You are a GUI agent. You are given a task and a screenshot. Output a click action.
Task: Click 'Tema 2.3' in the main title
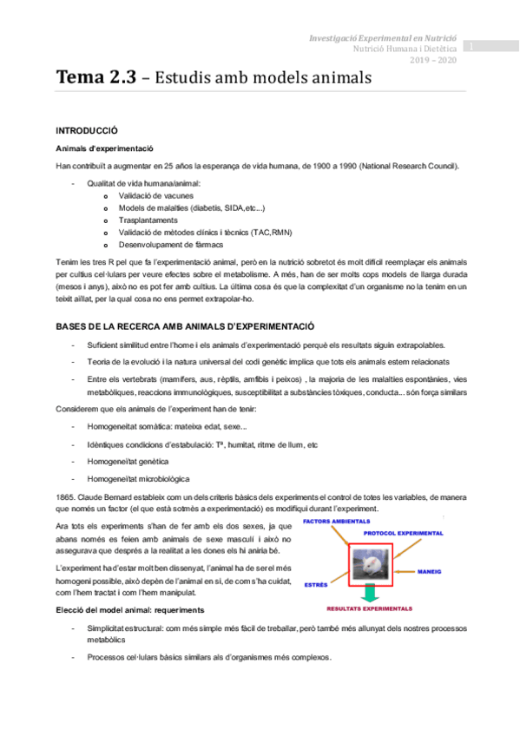point(96,77)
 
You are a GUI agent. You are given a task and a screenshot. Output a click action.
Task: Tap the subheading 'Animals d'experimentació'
point(103,148)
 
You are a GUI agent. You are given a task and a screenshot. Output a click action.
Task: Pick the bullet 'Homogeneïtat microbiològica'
point(138,478)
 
